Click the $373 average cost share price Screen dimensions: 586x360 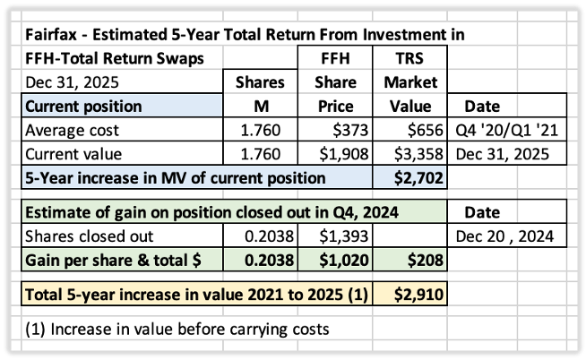(350, 130)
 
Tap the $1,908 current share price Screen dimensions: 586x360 (344, 154)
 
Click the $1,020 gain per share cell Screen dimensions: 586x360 (344, 260)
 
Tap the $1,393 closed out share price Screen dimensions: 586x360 (344, 236)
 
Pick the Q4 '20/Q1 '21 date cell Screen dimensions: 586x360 (507, 130)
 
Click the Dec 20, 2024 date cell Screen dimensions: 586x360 (504, 236)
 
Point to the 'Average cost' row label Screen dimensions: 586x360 (72, 131)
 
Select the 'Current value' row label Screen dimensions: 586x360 (73, 154)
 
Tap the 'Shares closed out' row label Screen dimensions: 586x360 (89, 236)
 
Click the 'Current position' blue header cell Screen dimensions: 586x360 (122, 106)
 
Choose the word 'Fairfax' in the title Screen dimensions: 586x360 (51, 34)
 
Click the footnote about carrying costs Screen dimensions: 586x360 (177, 329)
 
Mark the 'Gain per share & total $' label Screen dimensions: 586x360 (113, 260)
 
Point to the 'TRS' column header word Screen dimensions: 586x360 (409, 58)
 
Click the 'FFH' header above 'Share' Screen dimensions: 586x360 (335, 58)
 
